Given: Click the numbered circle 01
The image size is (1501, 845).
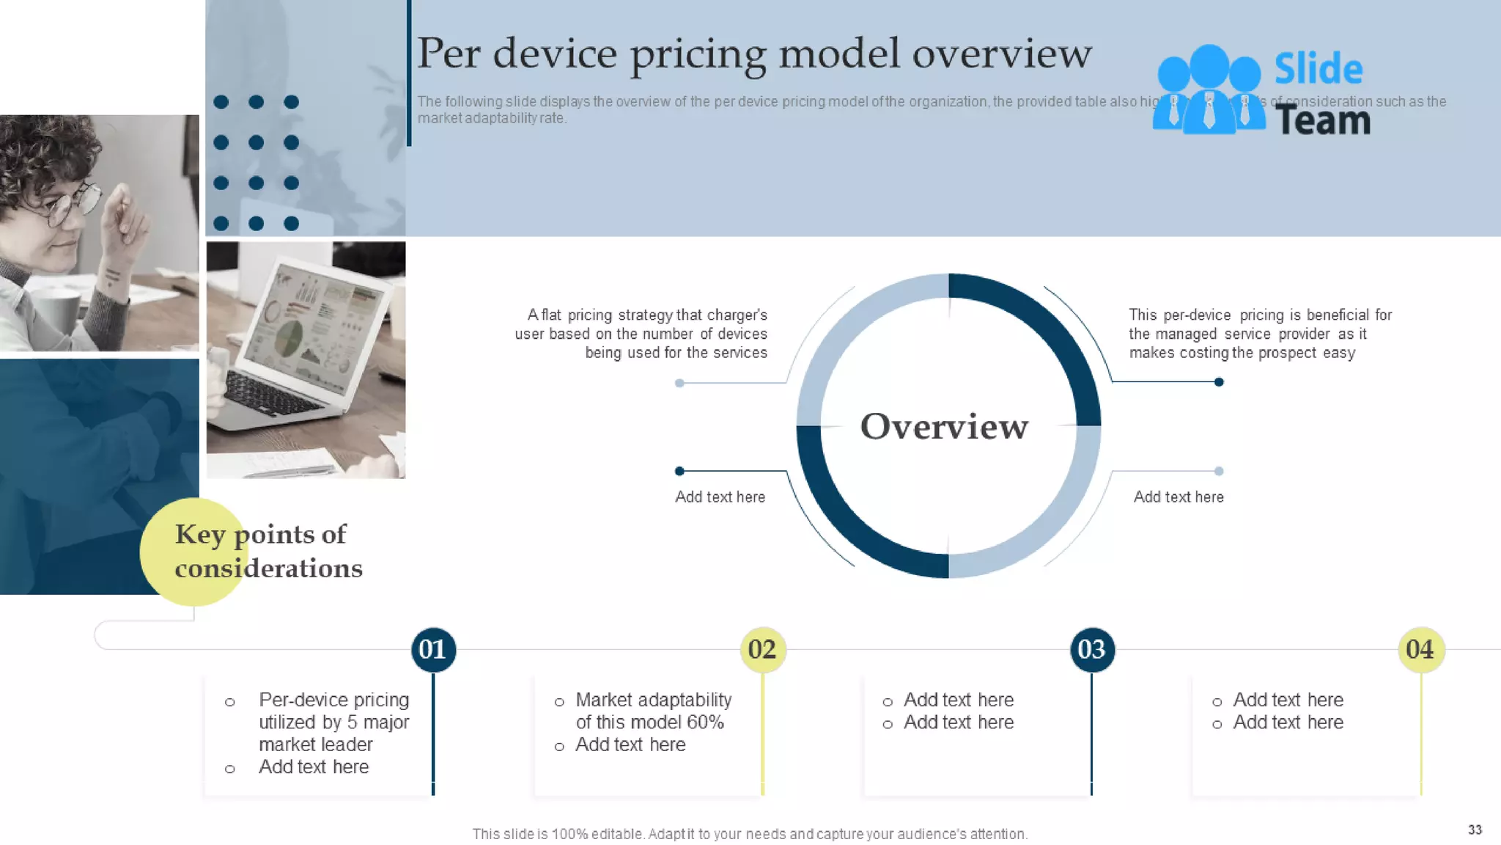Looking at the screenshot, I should (x=433, y=650).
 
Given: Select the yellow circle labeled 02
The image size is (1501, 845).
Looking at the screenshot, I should (x=762, y=650).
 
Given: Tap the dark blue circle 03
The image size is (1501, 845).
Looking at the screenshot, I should (x=1091, y=650).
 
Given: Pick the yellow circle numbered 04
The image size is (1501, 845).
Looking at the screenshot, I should (x=1420, y=650).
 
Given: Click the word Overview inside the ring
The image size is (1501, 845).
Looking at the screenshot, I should (x=944, y=427).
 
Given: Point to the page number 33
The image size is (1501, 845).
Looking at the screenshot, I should (x=1475, y=830).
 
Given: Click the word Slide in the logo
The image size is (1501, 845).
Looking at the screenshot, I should (x=1319, y=69).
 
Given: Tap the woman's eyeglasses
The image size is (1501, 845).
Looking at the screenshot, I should (x=73, y=206).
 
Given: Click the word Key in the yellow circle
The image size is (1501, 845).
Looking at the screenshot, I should (x=200, y=535).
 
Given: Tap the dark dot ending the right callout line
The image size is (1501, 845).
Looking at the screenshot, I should (x=1219, y=382).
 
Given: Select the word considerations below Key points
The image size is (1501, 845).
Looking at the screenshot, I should (x=268, y=569).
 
